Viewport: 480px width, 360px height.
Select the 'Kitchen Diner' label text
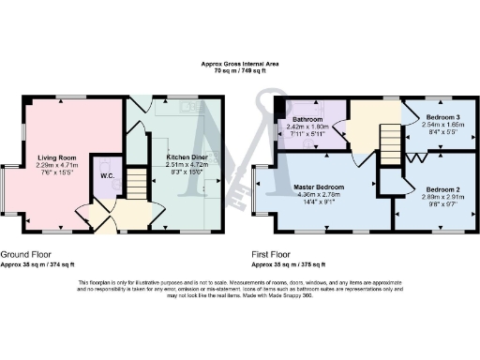(187, 158)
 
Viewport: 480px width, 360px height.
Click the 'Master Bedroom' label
(318, 187)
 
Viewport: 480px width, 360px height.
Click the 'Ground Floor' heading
(26, 254)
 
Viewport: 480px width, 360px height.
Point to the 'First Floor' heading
(274, 254)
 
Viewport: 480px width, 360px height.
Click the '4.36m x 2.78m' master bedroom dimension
(318, 195)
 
